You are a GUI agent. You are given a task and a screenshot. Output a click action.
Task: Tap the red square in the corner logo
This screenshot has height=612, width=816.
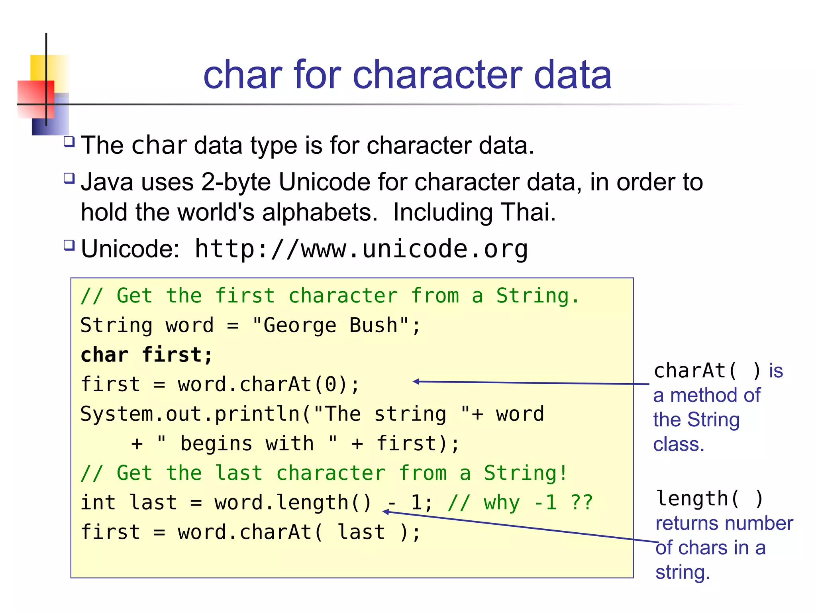click(x=35, y=99)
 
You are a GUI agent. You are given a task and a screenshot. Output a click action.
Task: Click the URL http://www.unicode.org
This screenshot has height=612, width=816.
click(x=361, y=249)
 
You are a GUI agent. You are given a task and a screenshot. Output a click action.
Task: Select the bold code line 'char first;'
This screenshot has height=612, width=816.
click(x=146, y=355)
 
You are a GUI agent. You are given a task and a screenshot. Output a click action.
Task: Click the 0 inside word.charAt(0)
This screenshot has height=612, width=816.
click(x=331, y=385)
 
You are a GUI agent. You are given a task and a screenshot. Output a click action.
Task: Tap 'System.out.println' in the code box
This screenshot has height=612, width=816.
click(x=190, y=414)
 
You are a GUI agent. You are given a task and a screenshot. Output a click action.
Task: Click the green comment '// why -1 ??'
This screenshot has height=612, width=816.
click(x=520, y=503)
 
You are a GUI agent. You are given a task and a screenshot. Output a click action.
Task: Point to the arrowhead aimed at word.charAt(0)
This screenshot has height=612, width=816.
click(x=416, y=382)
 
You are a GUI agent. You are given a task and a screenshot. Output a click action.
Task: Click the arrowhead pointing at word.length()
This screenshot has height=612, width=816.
click(x=386, y=512)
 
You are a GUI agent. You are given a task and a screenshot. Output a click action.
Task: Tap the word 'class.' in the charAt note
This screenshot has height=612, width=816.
click(x=679, y=444)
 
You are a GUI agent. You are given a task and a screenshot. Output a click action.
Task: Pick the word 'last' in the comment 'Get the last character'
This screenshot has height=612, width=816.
click(x=239, y=473)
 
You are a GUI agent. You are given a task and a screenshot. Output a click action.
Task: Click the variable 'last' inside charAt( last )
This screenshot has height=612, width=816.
click(x=361, y=532)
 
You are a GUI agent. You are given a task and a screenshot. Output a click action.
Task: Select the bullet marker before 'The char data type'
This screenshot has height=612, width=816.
click(x=69, y=141)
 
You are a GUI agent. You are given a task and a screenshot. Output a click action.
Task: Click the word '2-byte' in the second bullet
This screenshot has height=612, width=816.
click(x=236, y=182)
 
